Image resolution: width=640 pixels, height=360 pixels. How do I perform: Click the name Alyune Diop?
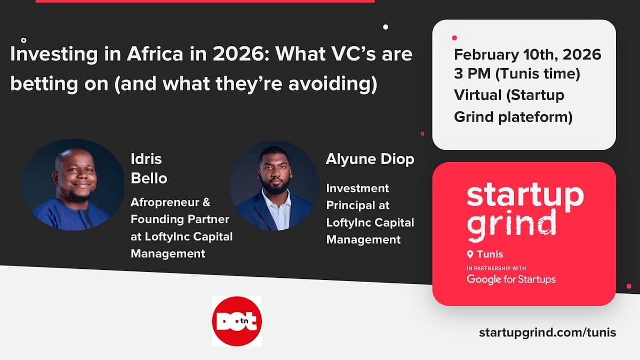coord(370,159)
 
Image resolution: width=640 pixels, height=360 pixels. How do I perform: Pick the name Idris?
coord(146,159)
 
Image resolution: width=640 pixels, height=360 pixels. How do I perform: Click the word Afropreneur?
coord(171,203)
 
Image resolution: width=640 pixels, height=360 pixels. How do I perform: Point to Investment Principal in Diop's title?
coord(358,196)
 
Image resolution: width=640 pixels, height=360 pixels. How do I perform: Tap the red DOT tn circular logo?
coord(237,321)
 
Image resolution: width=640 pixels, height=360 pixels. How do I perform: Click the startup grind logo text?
coord(525,211)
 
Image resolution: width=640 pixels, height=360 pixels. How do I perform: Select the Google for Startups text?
coord(511,279)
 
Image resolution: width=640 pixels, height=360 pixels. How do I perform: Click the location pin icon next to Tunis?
coord(470,254)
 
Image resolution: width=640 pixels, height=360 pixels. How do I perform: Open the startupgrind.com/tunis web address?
coord(547,332)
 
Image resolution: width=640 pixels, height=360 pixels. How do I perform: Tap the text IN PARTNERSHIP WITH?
coord(496,268)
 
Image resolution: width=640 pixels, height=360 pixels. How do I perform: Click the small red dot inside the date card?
coord(454,38)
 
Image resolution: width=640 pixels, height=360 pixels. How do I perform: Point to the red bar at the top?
coord(205,1)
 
